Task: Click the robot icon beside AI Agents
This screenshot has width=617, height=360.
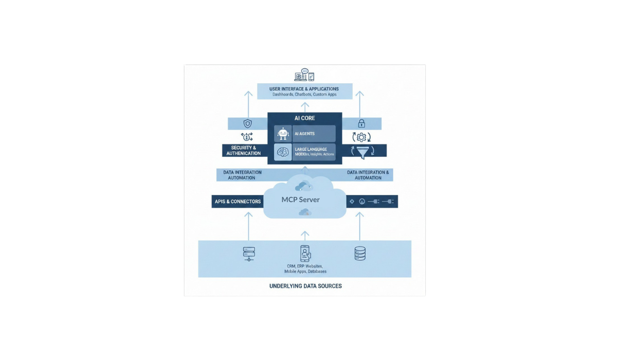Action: (283, 134)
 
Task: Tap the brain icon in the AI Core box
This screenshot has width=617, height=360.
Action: (283, 152)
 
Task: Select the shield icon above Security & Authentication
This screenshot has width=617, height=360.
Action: (247, 124)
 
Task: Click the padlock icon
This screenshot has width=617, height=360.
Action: (361, 123)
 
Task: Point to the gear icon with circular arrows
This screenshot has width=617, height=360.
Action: (361, 137)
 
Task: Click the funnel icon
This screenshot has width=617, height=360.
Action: (362, 151)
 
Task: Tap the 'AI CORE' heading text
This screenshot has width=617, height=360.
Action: (304, 118)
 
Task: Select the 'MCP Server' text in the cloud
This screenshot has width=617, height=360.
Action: (300, 200)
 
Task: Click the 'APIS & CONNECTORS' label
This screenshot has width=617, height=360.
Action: (237, 202)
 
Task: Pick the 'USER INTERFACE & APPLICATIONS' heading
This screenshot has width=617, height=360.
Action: (304, 89)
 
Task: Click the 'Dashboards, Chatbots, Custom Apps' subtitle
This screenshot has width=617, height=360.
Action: (304, 95)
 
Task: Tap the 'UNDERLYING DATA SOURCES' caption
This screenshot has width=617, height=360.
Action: (305, 286)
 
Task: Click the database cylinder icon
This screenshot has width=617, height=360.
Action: (360, 254)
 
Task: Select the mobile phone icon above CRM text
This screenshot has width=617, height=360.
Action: (305, 253)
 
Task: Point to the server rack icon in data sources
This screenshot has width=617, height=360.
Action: (249, 254)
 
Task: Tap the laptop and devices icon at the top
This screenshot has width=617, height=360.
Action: (304, 75)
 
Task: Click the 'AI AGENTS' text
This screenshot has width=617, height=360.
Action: (304, 134)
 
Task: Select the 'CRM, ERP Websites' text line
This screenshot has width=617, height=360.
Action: (305, 266)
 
